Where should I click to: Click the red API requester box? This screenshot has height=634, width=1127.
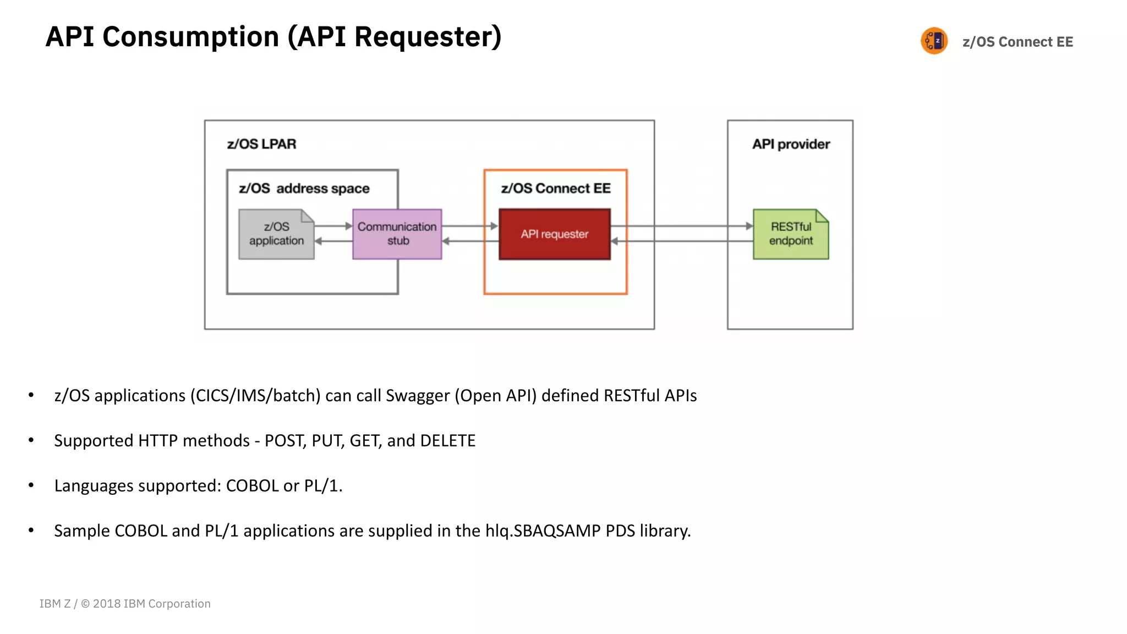click(555, 234)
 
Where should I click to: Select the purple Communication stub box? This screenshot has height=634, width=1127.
click(397, 234)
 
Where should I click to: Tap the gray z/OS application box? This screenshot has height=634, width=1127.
click(276, 234)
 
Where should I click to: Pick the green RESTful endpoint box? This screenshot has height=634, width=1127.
click(791, 234)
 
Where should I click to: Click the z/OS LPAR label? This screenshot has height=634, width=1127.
click(261, 144)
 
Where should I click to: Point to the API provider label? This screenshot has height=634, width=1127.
click(791, 144)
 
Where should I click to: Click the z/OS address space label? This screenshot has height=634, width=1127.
click(304, 189)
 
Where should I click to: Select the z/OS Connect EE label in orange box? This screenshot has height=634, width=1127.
click(556, 189)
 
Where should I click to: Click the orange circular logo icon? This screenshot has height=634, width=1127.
click(934, 41)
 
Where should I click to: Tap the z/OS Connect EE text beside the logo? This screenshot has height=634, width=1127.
click(1017, 42)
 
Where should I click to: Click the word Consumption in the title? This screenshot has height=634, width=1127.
click(190, 37)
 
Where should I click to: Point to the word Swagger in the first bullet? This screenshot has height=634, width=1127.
click(417, 396)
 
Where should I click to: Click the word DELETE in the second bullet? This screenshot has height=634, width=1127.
click(447, 441)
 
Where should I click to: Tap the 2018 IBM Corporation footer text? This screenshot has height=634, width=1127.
click(151, 604)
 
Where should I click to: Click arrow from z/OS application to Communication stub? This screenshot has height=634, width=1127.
click(333, 226)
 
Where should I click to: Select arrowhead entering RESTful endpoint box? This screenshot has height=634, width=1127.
click(749, 226)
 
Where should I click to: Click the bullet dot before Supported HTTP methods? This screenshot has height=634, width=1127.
click(31, 440)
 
